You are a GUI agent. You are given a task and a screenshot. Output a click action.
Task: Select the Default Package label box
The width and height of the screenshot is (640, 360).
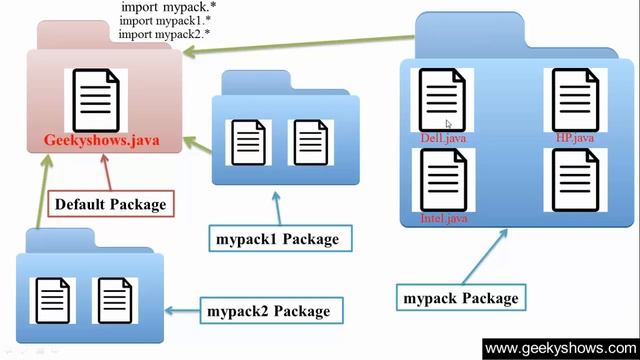[x=109, y=205]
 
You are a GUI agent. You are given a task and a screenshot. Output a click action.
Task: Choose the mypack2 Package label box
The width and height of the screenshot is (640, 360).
[x=269, y=310]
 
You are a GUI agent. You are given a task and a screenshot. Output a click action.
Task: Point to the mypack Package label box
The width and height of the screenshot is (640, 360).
[x=460, y=298]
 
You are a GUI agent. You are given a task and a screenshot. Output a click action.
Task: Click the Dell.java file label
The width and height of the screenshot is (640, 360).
[x=443, y=138]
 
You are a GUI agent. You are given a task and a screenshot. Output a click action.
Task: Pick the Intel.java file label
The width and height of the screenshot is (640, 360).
[x=443, y=218]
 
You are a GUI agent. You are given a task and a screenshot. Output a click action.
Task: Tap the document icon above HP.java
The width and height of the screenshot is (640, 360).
[x=574, y=99]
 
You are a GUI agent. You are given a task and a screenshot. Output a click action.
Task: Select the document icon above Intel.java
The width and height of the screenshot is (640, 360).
[x=443, y=179]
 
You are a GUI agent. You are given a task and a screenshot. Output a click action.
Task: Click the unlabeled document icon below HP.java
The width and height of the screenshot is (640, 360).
[x=574, y=180]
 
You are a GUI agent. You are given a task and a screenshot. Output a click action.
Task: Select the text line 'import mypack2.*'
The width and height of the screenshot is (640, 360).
[x=163, y=34]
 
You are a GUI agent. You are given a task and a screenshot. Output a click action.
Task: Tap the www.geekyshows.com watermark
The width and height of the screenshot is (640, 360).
[x=561, y=348]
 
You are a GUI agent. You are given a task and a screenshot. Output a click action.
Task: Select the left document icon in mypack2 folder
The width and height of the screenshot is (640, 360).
[x=55, y=299]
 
